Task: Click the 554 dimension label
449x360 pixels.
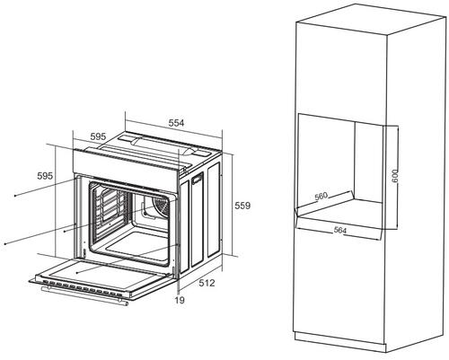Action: point(176,123)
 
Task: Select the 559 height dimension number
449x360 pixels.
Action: point(242,206)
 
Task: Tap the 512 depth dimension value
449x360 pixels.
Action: point(207,283)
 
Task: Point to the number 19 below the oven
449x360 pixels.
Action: point(180,300)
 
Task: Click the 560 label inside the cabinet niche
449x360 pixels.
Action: point(321,197)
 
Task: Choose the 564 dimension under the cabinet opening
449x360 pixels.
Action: point(340,230)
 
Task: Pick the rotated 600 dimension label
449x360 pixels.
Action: point(395,176)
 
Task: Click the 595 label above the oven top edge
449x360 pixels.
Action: point(98,136)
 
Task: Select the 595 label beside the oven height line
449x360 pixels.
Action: point(45,176)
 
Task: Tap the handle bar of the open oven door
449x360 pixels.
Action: point(84,295)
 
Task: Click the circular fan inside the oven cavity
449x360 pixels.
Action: point(162,206)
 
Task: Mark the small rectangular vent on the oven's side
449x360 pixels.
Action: point(197,179)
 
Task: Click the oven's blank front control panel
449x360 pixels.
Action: point(125,170)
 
